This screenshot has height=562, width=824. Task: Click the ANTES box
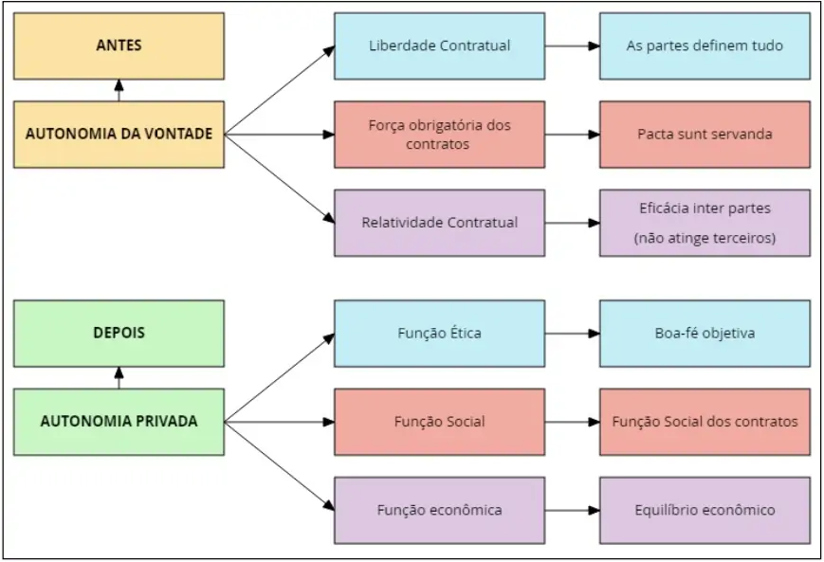tap(119, 45)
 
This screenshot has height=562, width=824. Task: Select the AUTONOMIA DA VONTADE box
tap(119, 135)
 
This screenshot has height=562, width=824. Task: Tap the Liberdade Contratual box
tap(439, 45)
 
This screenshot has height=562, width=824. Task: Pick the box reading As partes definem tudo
tap(705, 45)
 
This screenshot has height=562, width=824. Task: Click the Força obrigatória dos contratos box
tap(439, 135)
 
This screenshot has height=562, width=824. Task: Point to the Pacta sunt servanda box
tap(705, 135)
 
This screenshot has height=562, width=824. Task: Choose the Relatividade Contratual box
tap(439, 223)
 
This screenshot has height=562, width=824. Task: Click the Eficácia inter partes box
tap(705, 223)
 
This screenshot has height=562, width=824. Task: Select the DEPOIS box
tap(119, 334)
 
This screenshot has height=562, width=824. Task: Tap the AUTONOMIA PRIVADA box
tap(119, 422)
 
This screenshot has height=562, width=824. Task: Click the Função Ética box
tap(439, 334)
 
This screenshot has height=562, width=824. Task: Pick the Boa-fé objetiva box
tap(705, 334)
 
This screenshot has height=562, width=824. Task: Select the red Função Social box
tap(439, 422)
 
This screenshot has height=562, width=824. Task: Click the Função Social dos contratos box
tap(705, 422)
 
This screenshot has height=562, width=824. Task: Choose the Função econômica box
tap(439, 510)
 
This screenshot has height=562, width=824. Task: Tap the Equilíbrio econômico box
tap(705, 510)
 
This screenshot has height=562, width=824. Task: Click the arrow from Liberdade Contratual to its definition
tap(572, 45)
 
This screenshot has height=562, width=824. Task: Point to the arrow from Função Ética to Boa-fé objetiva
tap(572, 334)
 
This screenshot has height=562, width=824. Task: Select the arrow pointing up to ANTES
tap(119, 90)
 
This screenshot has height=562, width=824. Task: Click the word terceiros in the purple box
tap(740, 239)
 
